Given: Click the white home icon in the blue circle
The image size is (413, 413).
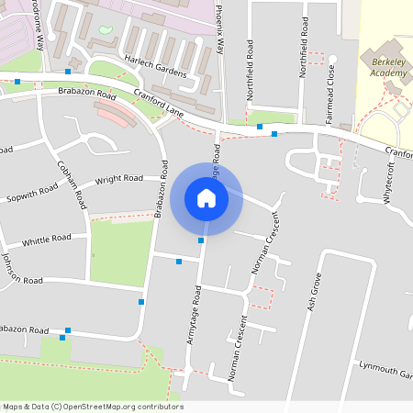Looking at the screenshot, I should [206, 197].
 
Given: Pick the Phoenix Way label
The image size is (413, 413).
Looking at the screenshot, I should [221, 28].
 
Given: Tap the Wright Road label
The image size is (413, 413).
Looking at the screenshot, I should [119, 178].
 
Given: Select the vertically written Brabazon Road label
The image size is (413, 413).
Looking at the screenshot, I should [161, 189].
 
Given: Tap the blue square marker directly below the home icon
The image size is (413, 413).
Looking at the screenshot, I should [201, 240].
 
